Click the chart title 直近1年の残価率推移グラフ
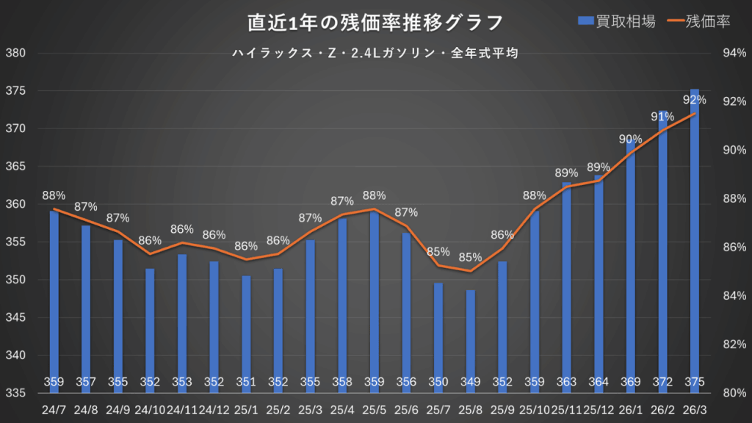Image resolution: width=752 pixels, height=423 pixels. pos(375,23)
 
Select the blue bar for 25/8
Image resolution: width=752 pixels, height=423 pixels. pos(470,338)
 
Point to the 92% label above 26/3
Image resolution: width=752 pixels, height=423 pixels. pos(695,99)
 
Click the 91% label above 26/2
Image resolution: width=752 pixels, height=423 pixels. pos(662,116)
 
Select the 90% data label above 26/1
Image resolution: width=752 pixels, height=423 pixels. pos(630,139)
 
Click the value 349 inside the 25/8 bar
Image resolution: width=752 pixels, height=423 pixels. pos(470,382)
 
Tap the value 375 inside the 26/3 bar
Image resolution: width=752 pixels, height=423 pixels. pos(695,382)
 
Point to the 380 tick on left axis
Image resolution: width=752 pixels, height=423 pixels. pos(15,53)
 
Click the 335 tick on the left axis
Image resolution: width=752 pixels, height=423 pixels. pos(15,393)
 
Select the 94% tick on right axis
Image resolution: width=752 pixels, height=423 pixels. pos(735,53)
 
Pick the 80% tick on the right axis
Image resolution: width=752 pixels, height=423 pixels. pos(735,393)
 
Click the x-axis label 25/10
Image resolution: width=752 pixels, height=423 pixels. pos(534,409)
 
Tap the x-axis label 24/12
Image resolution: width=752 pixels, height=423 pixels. pos(214,409)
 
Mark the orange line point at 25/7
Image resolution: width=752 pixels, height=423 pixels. pos(438,266)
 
